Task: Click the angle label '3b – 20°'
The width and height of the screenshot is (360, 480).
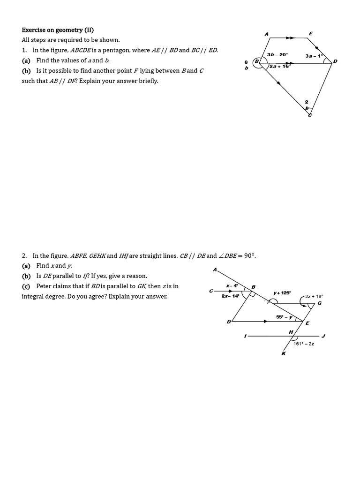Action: click(x=277, y=55)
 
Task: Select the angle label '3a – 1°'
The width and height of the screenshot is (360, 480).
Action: click(x=314, y=56)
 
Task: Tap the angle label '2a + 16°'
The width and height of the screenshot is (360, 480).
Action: click(x=280, y=67)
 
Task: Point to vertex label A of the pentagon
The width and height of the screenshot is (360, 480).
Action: click(x=267, y=34)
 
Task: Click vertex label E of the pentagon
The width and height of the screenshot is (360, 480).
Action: click(x=310, y=33)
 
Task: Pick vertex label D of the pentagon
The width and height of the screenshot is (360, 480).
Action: click(x=335, y=61)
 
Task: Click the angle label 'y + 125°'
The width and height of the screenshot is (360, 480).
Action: click(x=282, y=293)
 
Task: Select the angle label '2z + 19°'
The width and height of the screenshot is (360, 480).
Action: click(x=314, y=296)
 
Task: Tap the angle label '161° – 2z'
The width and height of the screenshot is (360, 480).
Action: click(x=304, y=344)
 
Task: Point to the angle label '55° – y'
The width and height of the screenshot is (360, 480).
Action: click(x=284, y=317)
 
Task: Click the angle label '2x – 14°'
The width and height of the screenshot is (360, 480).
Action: click(x=231, y=296)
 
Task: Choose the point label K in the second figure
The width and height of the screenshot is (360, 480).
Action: click(x=283, y=353)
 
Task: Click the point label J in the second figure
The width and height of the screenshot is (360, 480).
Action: click(x=323, y=336)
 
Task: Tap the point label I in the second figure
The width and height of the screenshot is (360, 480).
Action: click(x=245, y=336)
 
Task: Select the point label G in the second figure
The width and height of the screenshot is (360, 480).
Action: click(x=320, y=303)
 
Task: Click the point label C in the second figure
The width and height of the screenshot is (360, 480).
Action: click(x=211, y=291)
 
